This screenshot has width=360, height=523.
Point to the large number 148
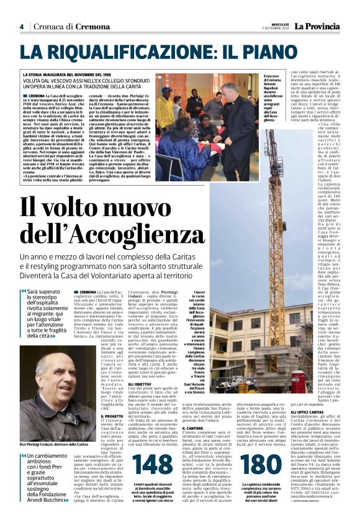[x=153, y=465]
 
